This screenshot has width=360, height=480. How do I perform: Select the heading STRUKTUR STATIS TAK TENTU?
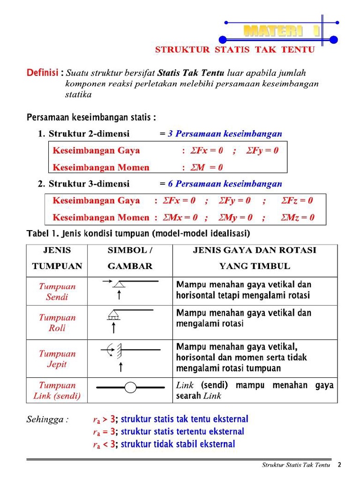(x=234, y=50)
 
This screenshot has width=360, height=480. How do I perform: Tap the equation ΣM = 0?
(x=206, y=167)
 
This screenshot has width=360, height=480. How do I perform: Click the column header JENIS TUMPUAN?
(x=57, y=258)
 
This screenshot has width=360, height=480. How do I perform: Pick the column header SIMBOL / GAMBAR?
(x=130, y=258)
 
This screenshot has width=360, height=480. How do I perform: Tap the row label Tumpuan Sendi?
(x=57, y=292)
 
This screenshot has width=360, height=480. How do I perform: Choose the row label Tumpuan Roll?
(x=57, y=322)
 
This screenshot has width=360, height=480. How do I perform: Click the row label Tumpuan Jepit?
(x=57, y=359)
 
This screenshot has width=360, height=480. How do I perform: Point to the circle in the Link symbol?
(x=130, y=388)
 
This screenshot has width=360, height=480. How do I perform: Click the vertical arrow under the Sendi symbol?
(x=120, y=294)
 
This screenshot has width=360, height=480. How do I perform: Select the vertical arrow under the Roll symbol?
(x=113, y=328)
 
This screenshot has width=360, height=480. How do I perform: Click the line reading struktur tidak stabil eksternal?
(x=178, y=444)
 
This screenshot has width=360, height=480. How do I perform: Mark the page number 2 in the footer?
(x=339, y=465)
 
